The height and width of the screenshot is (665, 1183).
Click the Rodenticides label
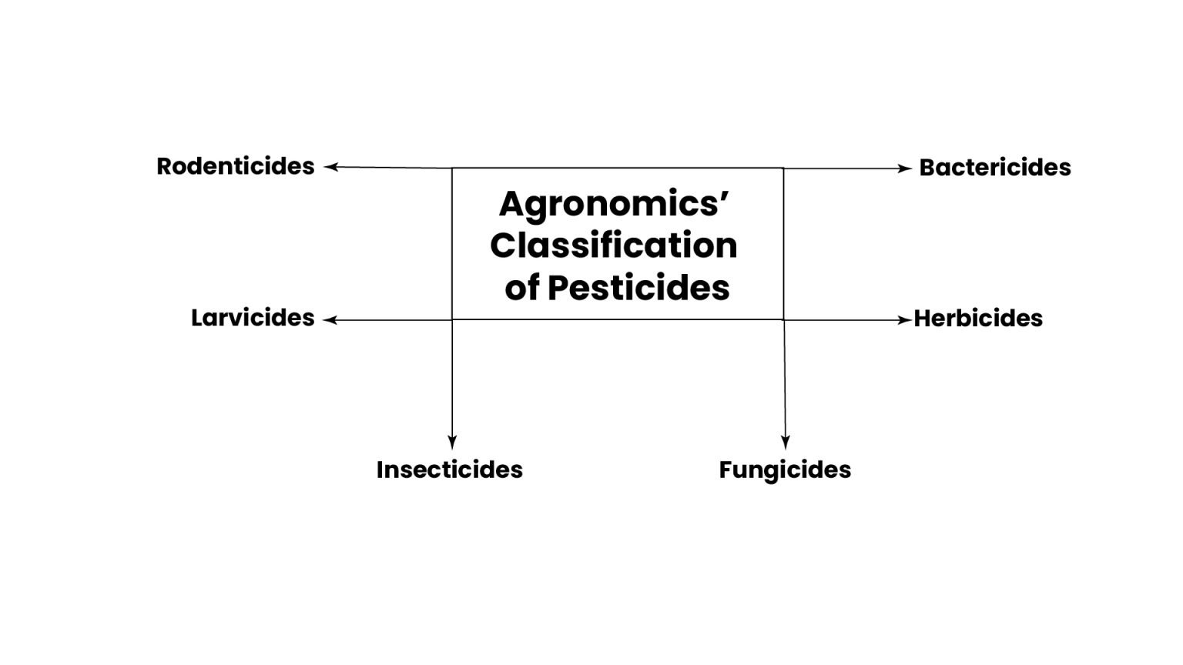(x=236, y=166)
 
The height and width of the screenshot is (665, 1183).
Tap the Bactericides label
(x=995, y=167)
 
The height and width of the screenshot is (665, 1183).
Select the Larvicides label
(x=253, y=318)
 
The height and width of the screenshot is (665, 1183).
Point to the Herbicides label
(x=978, y=318)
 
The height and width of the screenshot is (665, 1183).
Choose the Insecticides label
(x=450, y=470)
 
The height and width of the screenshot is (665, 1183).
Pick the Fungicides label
(x=785, y=470)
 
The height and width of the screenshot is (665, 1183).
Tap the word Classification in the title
(x=614, y=246)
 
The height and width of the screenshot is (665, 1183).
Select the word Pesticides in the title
(x=638, y=288)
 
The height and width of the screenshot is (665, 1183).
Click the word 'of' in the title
(x=522, y=288)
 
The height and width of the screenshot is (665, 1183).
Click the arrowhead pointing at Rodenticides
(x=330, y=167)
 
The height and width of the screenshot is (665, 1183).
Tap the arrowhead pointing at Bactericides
(x=905, y=169)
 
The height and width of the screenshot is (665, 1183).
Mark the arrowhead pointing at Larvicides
(x=330, y=320)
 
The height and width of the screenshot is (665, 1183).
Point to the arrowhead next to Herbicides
(x=905, y=320)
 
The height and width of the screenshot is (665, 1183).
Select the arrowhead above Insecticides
(x=452, y=443)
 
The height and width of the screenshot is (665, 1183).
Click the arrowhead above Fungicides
(x=786, y=443)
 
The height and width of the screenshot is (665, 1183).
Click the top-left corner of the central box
(x=452, y=169)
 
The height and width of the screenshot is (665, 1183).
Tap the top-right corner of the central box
(x=783, y=169)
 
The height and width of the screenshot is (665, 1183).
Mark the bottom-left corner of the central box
(x=452, y=319)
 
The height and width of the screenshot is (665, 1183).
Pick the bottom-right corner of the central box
(x=783, y=319)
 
